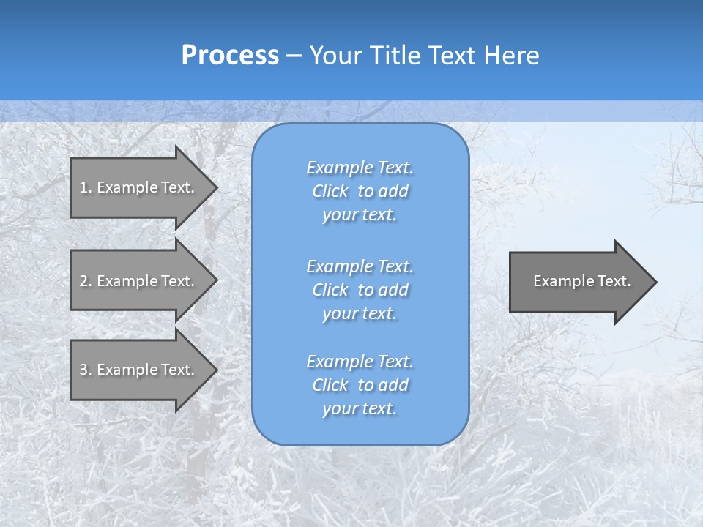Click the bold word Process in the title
pyautogui.click(x=230, y=56)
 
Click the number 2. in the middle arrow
pyautogui.click(x=86, y=281)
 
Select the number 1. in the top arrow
pyautogui.click(x=86, y=187)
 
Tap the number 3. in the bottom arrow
pyautogui.click(x=86, y=370)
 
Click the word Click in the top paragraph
pyautogui.click(x=330, y=191)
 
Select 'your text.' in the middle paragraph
pyautogui.click(x=360, y=313)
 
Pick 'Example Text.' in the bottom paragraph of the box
pyautogui.click(x=360, y=362)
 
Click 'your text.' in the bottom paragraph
pyautogui.click(x=360, y=408)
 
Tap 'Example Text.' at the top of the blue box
pyautogui.click(x=360, y=168)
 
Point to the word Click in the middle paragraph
pyautogui.click(x=330, y=290)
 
